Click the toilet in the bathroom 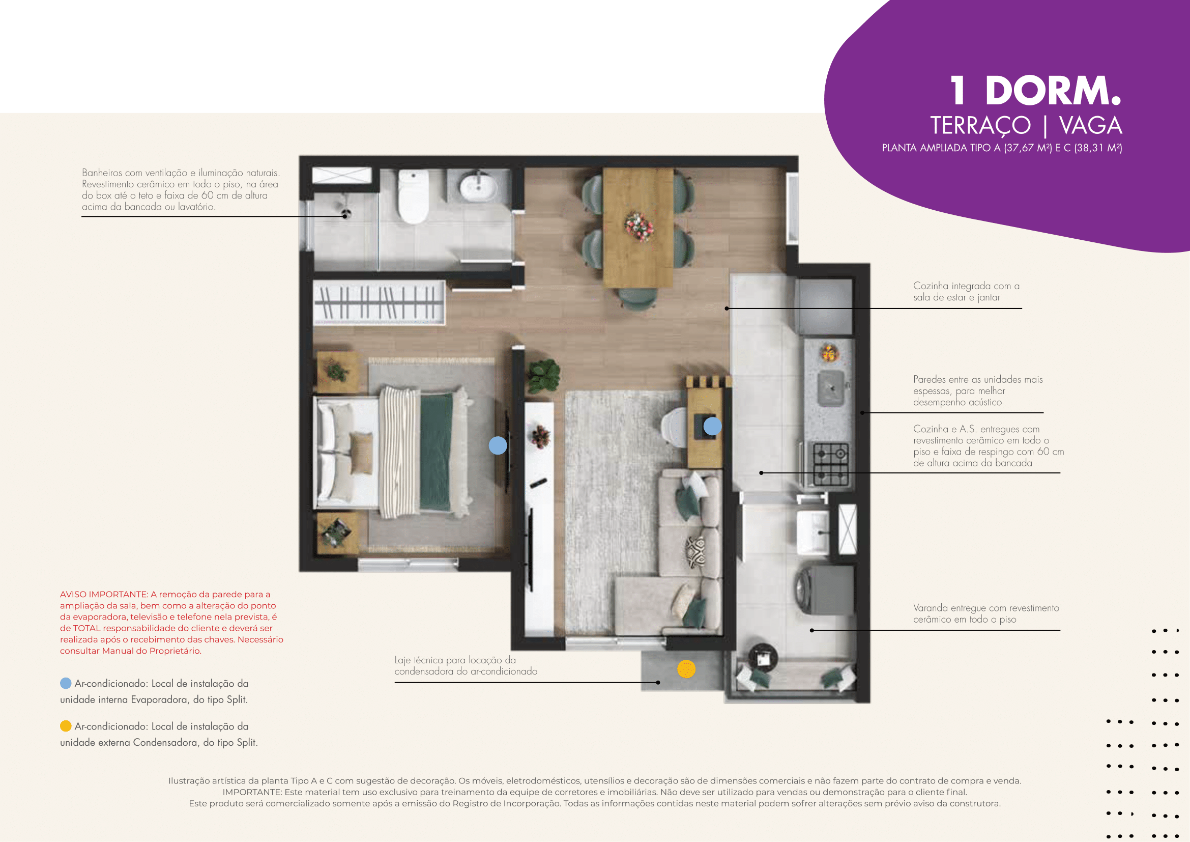(413, 197)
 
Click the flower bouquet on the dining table (638, 227)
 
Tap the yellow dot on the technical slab (686, 669)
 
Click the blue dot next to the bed (498, 445)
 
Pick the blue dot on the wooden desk (712, 426)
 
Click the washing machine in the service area (825, 590)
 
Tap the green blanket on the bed (436, 451)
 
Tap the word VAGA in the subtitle (1090, 125)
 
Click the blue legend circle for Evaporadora (66, 683)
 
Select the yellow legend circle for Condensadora (66, 726)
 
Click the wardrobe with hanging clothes (379, 303)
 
